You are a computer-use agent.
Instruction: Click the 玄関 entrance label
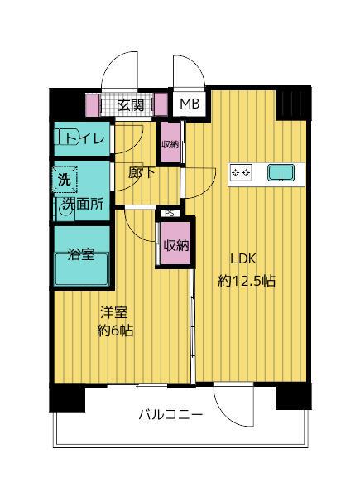point(131,104)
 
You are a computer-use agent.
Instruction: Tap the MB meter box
point(190,104)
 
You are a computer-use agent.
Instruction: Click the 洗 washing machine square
point(64,177)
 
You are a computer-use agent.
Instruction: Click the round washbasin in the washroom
point(65,210)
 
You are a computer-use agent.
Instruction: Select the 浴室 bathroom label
point(80,253)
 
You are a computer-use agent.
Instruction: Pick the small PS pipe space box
point(170,213)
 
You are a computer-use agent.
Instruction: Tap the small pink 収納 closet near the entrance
point(170,142)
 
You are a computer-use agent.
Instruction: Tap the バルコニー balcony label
point(170,416)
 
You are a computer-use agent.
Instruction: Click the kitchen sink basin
point(281,172)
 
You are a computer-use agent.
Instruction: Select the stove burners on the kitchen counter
point(241,172)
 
